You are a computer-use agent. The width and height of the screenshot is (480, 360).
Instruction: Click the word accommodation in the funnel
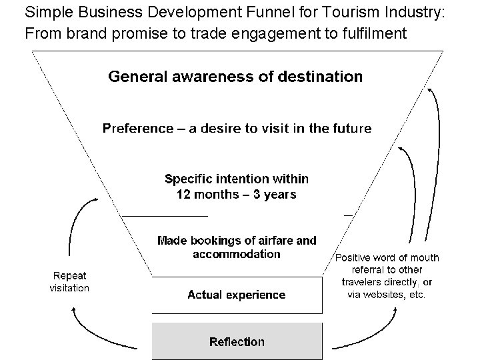click(x=237, y=254)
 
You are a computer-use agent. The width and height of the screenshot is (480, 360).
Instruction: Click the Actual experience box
click(x=237, y=295)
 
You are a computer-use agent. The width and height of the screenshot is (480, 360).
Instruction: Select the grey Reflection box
click(x=237, y=341)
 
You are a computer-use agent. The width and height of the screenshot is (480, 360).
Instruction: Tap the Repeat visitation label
click(x=69, y=282)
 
